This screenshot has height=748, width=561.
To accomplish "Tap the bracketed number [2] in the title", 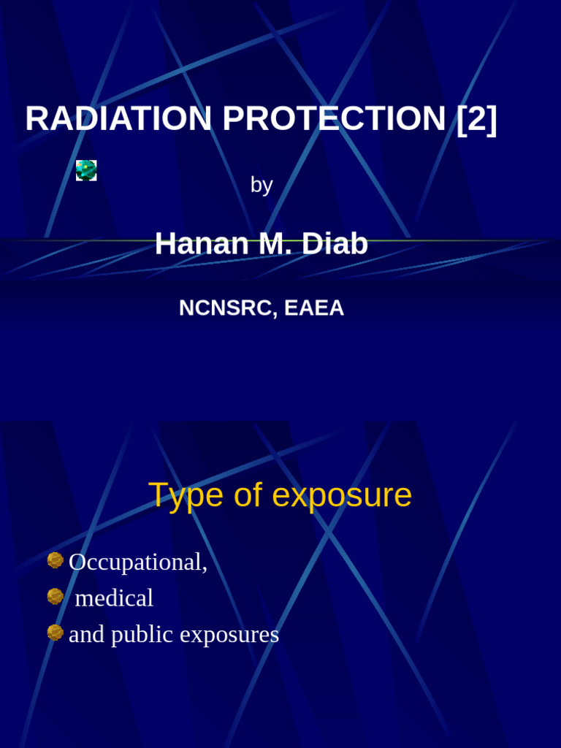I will (x=477, y=119).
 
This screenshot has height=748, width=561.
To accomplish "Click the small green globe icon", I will (x=86, y=170).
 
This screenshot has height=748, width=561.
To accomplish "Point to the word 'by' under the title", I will (x=262, y=185).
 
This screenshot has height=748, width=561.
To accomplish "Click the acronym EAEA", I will (x=314, y=308).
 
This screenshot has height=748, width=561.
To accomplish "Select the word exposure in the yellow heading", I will (x=342, y=496).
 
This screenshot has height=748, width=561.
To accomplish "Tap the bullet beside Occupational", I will (x=56, y=560).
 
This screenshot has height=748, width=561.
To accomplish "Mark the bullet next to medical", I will (x=56, y=597).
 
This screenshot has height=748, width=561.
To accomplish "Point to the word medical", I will (x=114, y=598).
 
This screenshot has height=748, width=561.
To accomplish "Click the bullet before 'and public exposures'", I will (x=56, y=633).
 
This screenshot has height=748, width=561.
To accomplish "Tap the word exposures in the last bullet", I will (x=229, y=635).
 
